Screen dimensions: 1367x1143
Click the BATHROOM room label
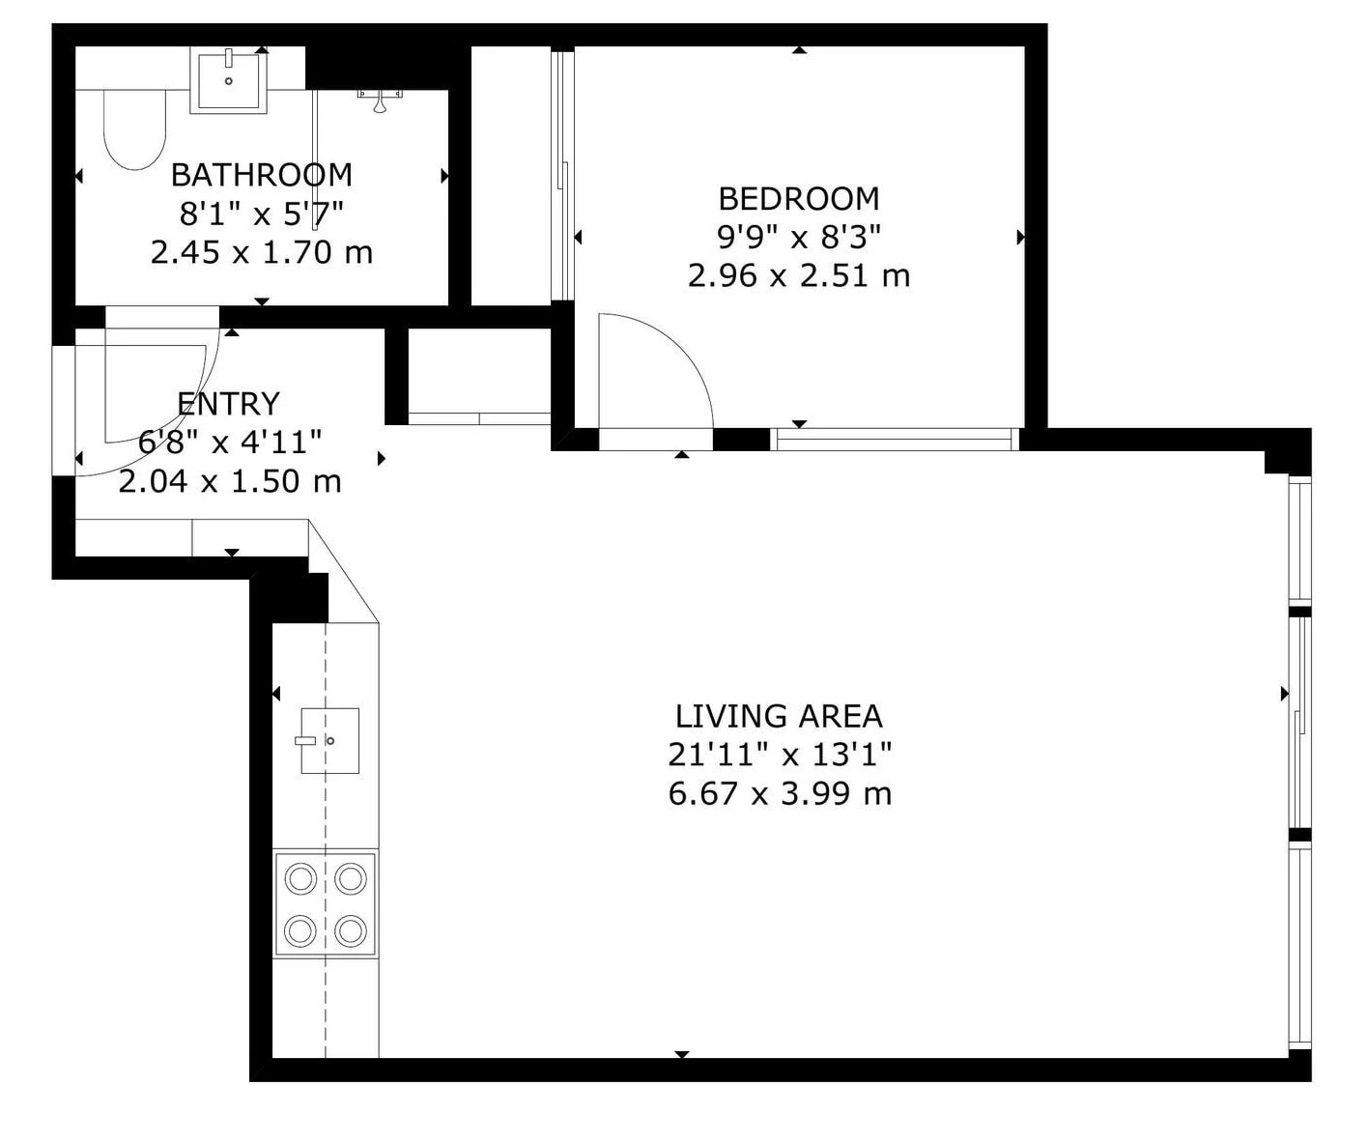point(261,176)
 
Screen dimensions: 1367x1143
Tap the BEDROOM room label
point(799,199)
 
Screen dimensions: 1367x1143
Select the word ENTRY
point(229,404)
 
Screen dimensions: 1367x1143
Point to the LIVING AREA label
point(779,716)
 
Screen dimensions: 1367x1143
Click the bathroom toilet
point(135,130)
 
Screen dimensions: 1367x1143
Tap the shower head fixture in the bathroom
point(380,100)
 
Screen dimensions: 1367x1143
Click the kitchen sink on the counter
point(329,740)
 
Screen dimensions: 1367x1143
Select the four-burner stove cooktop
point(326,903)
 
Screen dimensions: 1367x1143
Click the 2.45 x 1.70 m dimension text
point(262,253)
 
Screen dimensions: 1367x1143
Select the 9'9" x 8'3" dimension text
point(799,237)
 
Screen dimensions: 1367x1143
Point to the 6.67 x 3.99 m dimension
point(780,793)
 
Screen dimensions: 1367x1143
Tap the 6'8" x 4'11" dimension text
point(230,442)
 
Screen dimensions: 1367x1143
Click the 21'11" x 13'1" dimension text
point(780,755)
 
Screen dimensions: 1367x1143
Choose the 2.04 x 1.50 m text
point(230,481)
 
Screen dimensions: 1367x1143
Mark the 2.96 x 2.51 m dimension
point(799,275)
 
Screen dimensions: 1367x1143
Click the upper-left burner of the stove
point(300,878)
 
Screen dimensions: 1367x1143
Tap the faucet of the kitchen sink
point(305,740)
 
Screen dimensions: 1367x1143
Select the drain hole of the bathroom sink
point(229,81)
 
